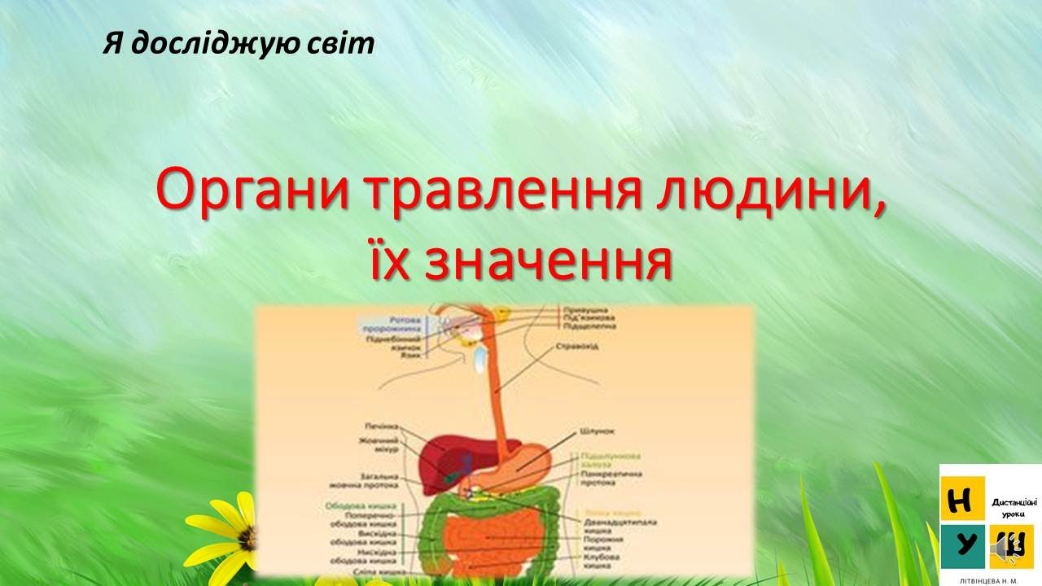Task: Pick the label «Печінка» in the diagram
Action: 383,426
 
